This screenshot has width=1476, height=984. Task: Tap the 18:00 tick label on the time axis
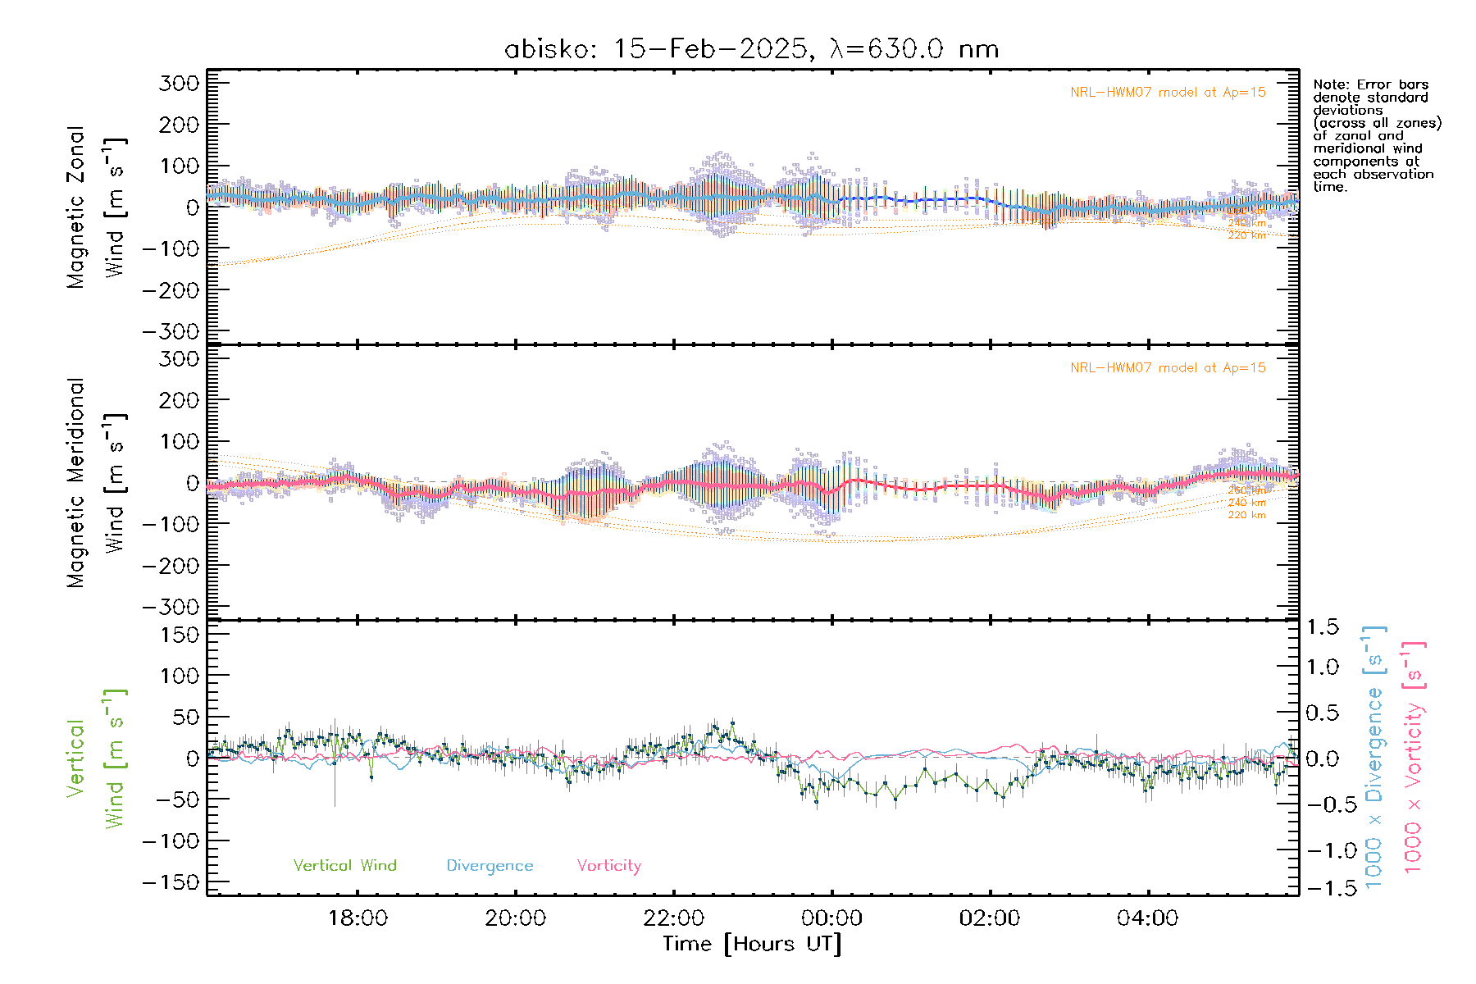[358, 918]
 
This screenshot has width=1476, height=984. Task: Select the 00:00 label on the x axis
[831, 918]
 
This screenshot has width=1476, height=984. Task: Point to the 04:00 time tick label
[1147, 918]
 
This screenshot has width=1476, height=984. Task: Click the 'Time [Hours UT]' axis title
[752, 944]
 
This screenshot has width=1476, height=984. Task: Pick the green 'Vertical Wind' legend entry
[344, 865]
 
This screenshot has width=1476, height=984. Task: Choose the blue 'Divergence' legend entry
[490, 865]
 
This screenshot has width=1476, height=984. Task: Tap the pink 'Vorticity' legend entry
[608, 865]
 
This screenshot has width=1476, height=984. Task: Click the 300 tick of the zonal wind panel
[179, 83]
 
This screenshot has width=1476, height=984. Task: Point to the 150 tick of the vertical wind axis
[179, 635]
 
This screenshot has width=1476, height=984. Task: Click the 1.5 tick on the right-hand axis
[1323, 627]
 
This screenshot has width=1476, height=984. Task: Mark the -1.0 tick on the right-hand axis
[1323, 850]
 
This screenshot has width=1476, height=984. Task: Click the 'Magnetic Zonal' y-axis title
[75, 207]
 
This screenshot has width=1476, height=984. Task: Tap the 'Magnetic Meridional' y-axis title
[75, 483]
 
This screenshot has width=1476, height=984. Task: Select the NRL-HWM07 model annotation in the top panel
[1168, 92]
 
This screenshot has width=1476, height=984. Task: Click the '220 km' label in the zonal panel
[1246, 235]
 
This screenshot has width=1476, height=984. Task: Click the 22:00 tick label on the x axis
[673, 918]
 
